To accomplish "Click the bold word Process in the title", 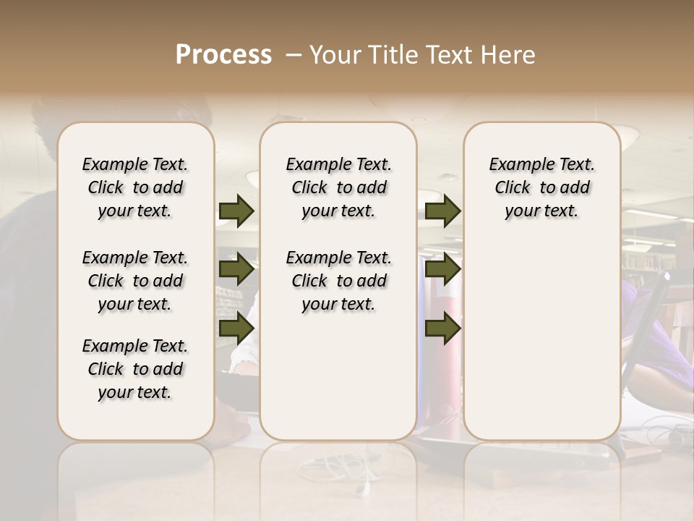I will [x=223, y=55].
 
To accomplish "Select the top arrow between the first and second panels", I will [x=236, y=211].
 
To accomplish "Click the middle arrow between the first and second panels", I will [x=236, y=269].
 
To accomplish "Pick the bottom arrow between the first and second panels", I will [x=236, y=328].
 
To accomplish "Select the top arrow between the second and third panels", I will [x=443, y=211].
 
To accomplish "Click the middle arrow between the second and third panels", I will [x=443, y=269].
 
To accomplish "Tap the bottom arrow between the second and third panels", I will [x=443, y=328].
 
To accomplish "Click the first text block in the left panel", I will [x=135, y=187].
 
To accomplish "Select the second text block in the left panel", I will [x=135, y=281].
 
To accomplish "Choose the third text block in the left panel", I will [x=135, y=369].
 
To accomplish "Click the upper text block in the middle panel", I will [x=338, y=187].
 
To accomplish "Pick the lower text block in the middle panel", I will [x=338, y=281].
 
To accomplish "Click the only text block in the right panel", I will [x=541, y=187].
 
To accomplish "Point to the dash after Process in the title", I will [x=294, y=55].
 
